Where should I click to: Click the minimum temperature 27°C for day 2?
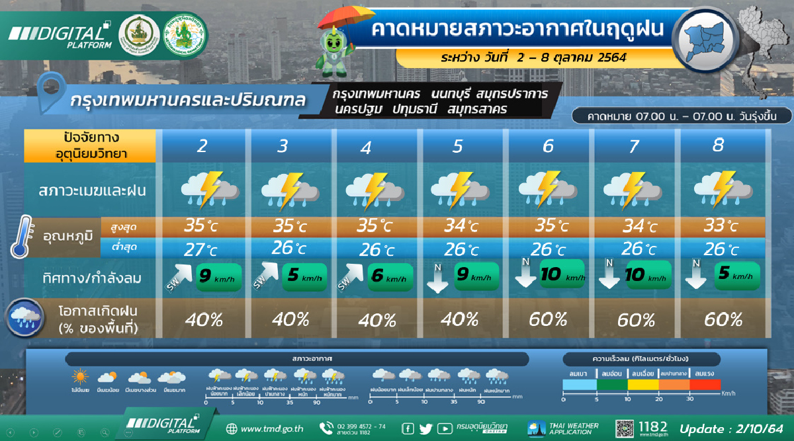point(201,250)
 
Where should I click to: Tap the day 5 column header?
point(458,146)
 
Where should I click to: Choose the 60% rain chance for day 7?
point(636,321)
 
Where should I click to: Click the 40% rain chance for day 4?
point(377,321)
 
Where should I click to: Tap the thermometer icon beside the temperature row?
point(21,236)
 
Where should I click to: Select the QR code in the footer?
point(625,428)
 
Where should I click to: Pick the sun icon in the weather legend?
point(81,378)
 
